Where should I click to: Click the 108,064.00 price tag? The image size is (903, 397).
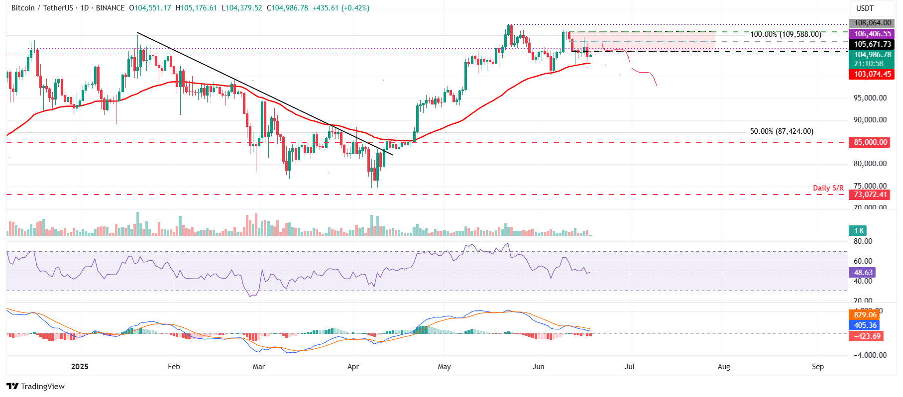click(872, 23)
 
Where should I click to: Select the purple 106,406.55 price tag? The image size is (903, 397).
click(872, 34)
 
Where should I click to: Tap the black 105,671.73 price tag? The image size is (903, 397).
click(872, 44)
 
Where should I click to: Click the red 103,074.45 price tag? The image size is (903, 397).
click(872, 74)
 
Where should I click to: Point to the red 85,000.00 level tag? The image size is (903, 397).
click(870, 142)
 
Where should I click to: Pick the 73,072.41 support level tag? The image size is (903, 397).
click(870, 195)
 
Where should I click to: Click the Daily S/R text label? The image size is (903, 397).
click(828, 188)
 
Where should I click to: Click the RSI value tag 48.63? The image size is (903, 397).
click(863, 273)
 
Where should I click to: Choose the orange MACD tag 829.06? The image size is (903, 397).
click(865, 315)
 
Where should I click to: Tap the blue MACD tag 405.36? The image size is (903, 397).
click(865, 325)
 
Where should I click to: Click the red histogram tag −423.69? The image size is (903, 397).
click(866, 336)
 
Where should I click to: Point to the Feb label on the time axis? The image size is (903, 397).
click(174, 367)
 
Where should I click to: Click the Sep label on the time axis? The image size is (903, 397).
click(817, 367)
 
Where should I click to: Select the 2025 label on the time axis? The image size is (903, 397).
click(80, 367)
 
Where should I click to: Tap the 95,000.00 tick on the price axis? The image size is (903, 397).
click(870, 98)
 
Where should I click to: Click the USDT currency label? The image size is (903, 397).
click(865, 8)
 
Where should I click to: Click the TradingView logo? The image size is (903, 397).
click(36, 387)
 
